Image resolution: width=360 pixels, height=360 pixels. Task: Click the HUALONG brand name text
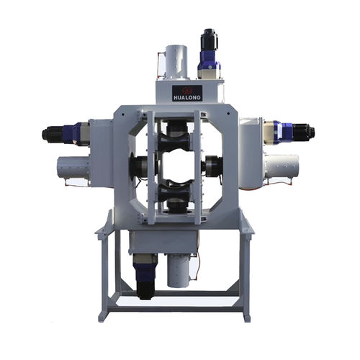pyautogui.click(x=187, y=98)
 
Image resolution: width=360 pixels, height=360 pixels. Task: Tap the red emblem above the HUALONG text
pyautogui.click(x=187, y=91)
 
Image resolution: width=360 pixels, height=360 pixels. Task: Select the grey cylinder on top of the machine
pyautogui.click(x=176, y=62)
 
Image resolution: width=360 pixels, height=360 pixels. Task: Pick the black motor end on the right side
pyautogui.click(x=304, y=132)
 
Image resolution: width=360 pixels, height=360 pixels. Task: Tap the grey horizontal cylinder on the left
pyautogui.click(x=73, y=168)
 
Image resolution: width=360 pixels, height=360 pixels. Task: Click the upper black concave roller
pyautogui.click(x=174, y=143)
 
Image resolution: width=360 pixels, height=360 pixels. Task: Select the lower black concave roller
pyautogui.click(x=174, y=190)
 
